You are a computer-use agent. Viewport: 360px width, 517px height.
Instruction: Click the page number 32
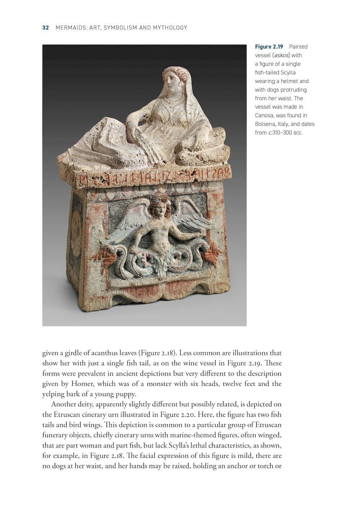click(45, 28)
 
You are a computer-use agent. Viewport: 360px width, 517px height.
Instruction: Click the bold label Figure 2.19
click(269, 46)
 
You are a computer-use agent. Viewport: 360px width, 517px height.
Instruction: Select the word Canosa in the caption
click(265, 115)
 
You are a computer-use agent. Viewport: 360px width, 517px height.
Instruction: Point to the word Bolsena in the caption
click(266, 124)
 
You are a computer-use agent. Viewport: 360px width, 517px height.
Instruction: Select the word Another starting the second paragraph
click(64, 404)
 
